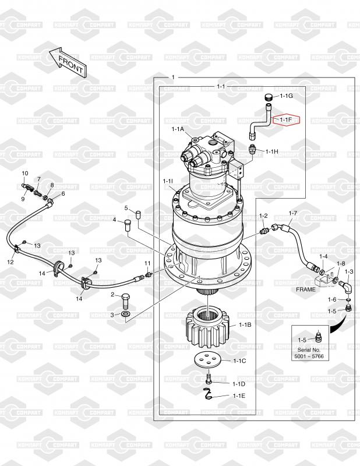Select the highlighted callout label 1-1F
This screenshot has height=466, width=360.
click(x=287, y=120)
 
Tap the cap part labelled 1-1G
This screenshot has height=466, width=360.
click(x=269, y=97)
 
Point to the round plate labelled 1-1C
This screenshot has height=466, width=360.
click(x=207, y=361)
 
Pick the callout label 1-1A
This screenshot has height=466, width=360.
click(x=178, y=129)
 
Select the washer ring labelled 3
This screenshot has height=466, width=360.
click(x=126, y=314)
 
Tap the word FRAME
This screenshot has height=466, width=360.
click(x=306, y=289)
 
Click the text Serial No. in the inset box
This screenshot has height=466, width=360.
click(x=309, y=350)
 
